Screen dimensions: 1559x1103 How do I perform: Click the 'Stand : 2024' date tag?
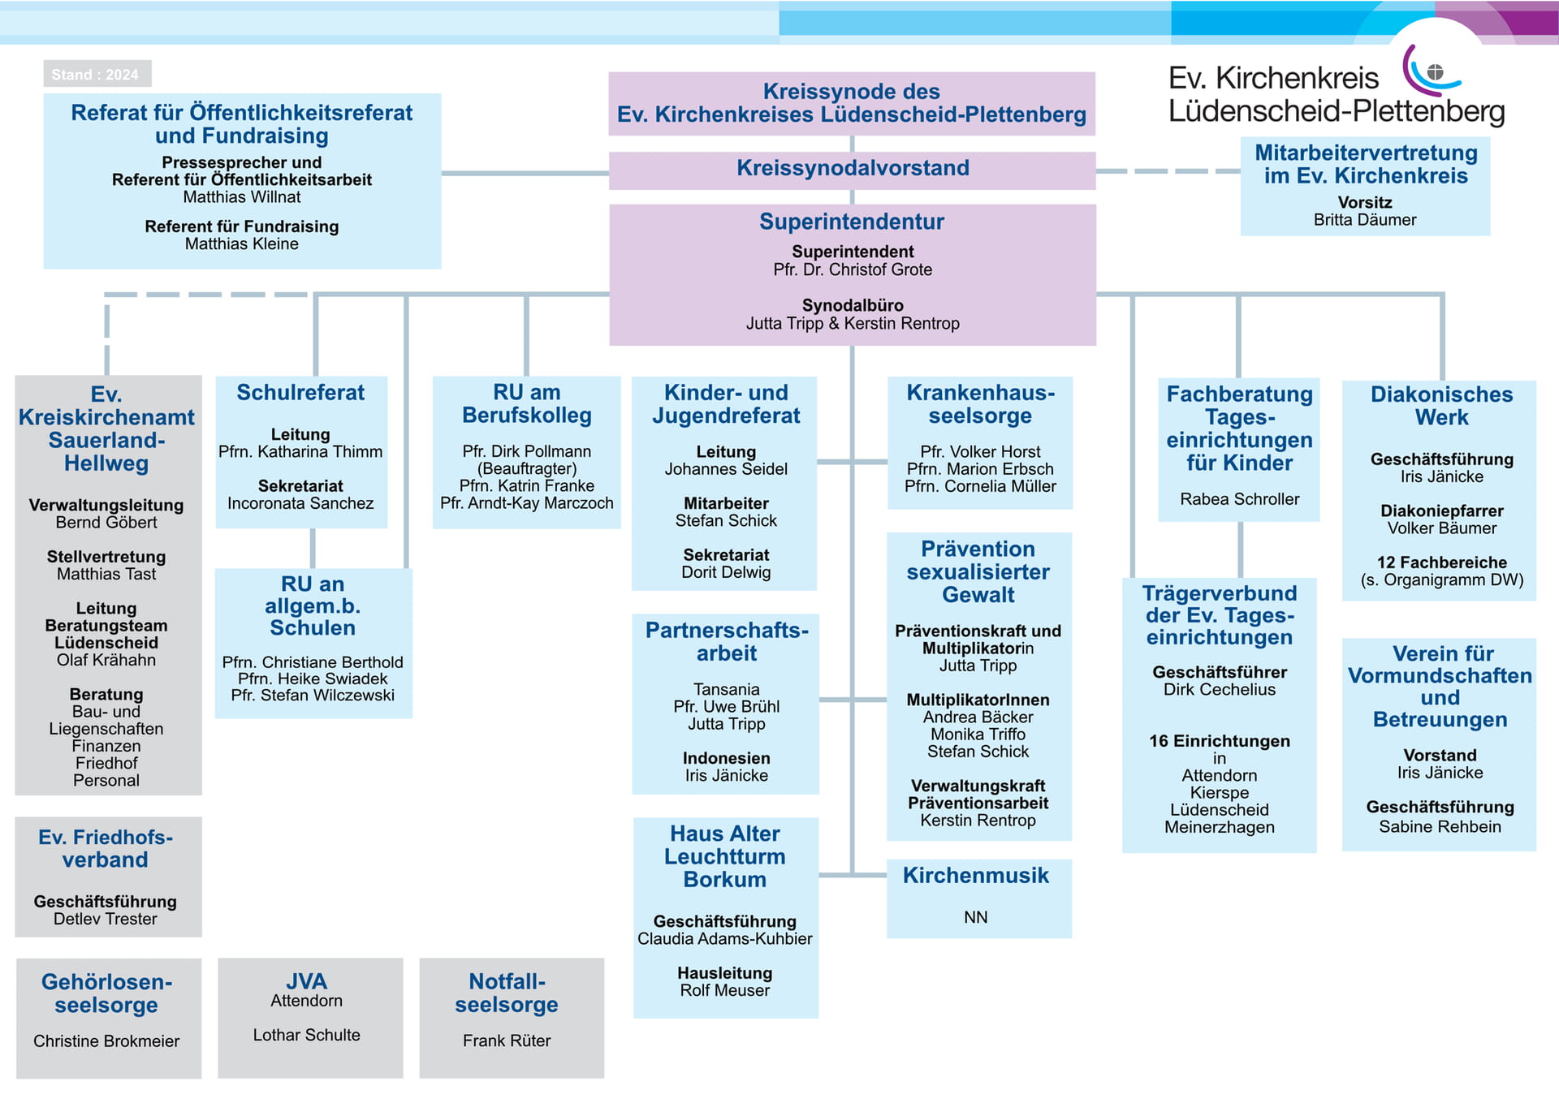(97, 74)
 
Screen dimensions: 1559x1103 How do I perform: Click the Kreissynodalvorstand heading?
(853, 168)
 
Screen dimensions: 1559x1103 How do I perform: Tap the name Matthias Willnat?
(242, 197)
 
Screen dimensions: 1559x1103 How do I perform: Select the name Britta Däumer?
(1365, 220)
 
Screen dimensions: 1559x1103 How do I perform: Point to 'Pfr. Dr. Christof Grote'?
(853, 269)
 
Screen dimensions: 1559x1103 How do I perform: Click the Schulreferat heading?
(300, 393)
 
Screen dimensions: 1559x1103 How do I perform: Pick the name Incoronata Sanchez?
(300, 503)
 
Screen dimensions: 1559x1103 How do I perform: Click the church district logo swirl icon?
(1432, 71)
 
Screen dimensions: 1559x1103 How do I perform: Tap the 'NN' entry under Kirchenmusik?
(976, 917)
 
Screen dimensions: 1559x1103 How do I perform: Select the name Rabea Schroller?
(1240, 499)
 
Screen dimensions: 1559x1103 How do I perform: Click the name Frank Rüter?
(507, 1041)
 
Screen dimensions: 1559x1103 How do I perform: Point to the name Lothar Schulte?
(306, 1035)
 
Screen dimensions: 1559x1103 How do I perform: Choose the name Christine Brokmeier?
(106, 1041)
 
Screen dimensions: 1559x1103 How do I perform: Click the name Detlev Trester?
(106, 919)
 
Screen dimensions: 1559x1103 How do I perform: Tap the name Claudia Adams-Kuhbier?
(725, 939)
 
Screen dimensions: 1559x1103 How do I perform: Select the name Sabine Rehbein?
(1440, 827)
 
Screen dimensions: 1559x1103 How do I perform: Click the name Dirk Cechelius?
(1220, 690)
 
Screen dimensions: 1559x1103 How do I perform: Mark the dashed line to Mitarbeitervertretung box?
(1168, 171)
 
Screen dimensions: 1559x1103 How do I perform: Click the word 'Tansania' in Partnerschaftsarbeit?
(727, 690)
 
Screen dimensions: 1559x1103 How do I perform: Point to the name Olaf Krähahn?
(106, 660)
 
